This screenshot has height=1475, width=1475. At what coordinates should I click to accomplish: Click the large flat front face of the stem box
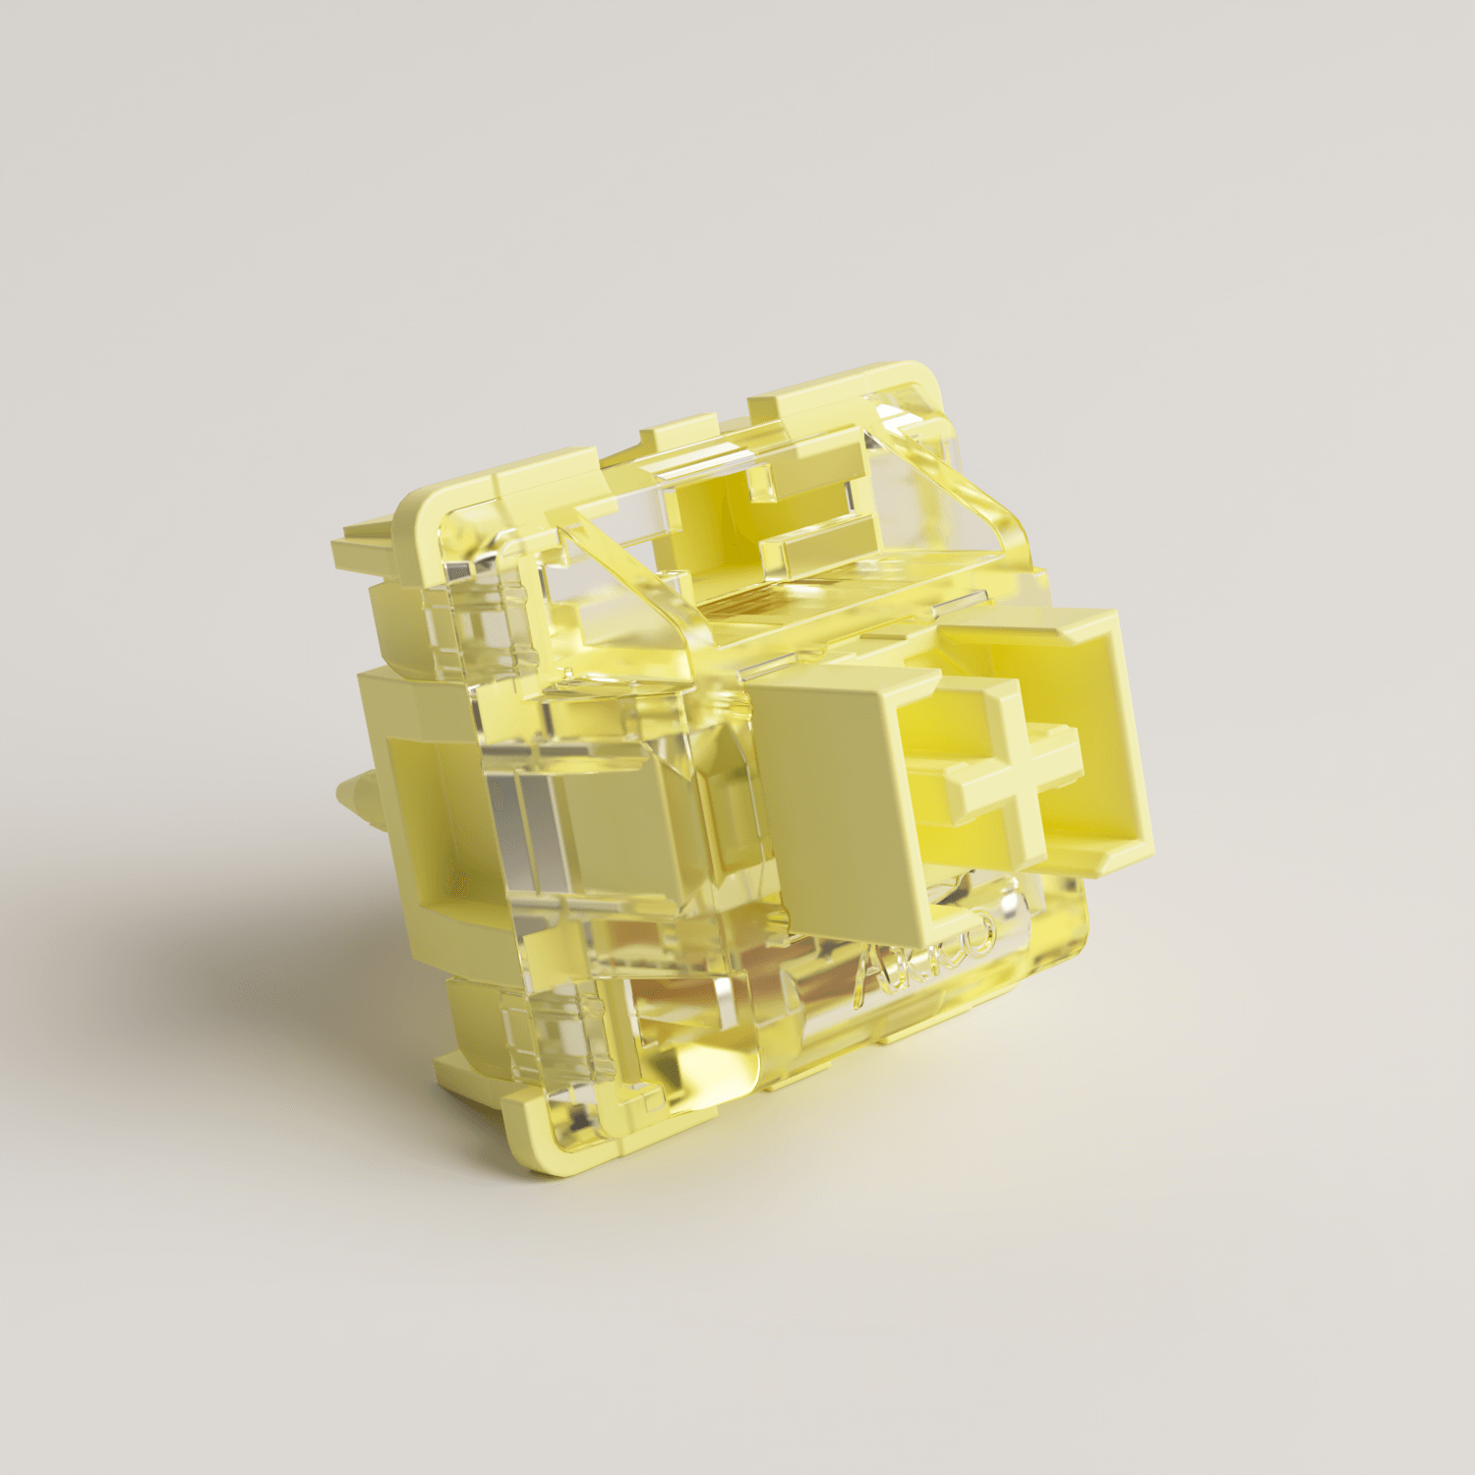coord(836,787)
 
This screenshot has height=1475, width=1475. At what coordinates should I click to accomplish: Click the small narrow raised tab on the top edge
coord(678,430)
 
